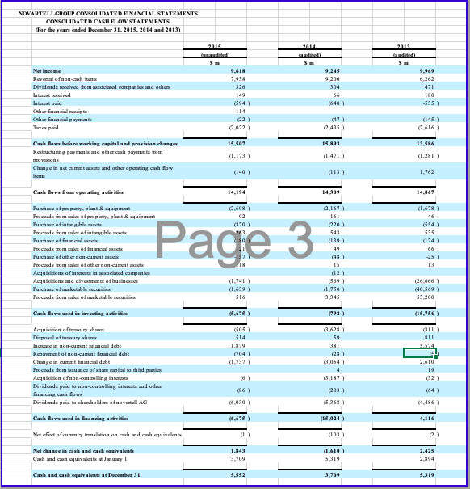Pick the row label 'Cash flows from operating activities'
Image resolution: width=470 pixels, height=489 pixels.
69,192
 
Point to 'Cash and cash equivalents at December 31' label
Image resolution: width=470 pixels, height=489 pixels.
77,474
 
